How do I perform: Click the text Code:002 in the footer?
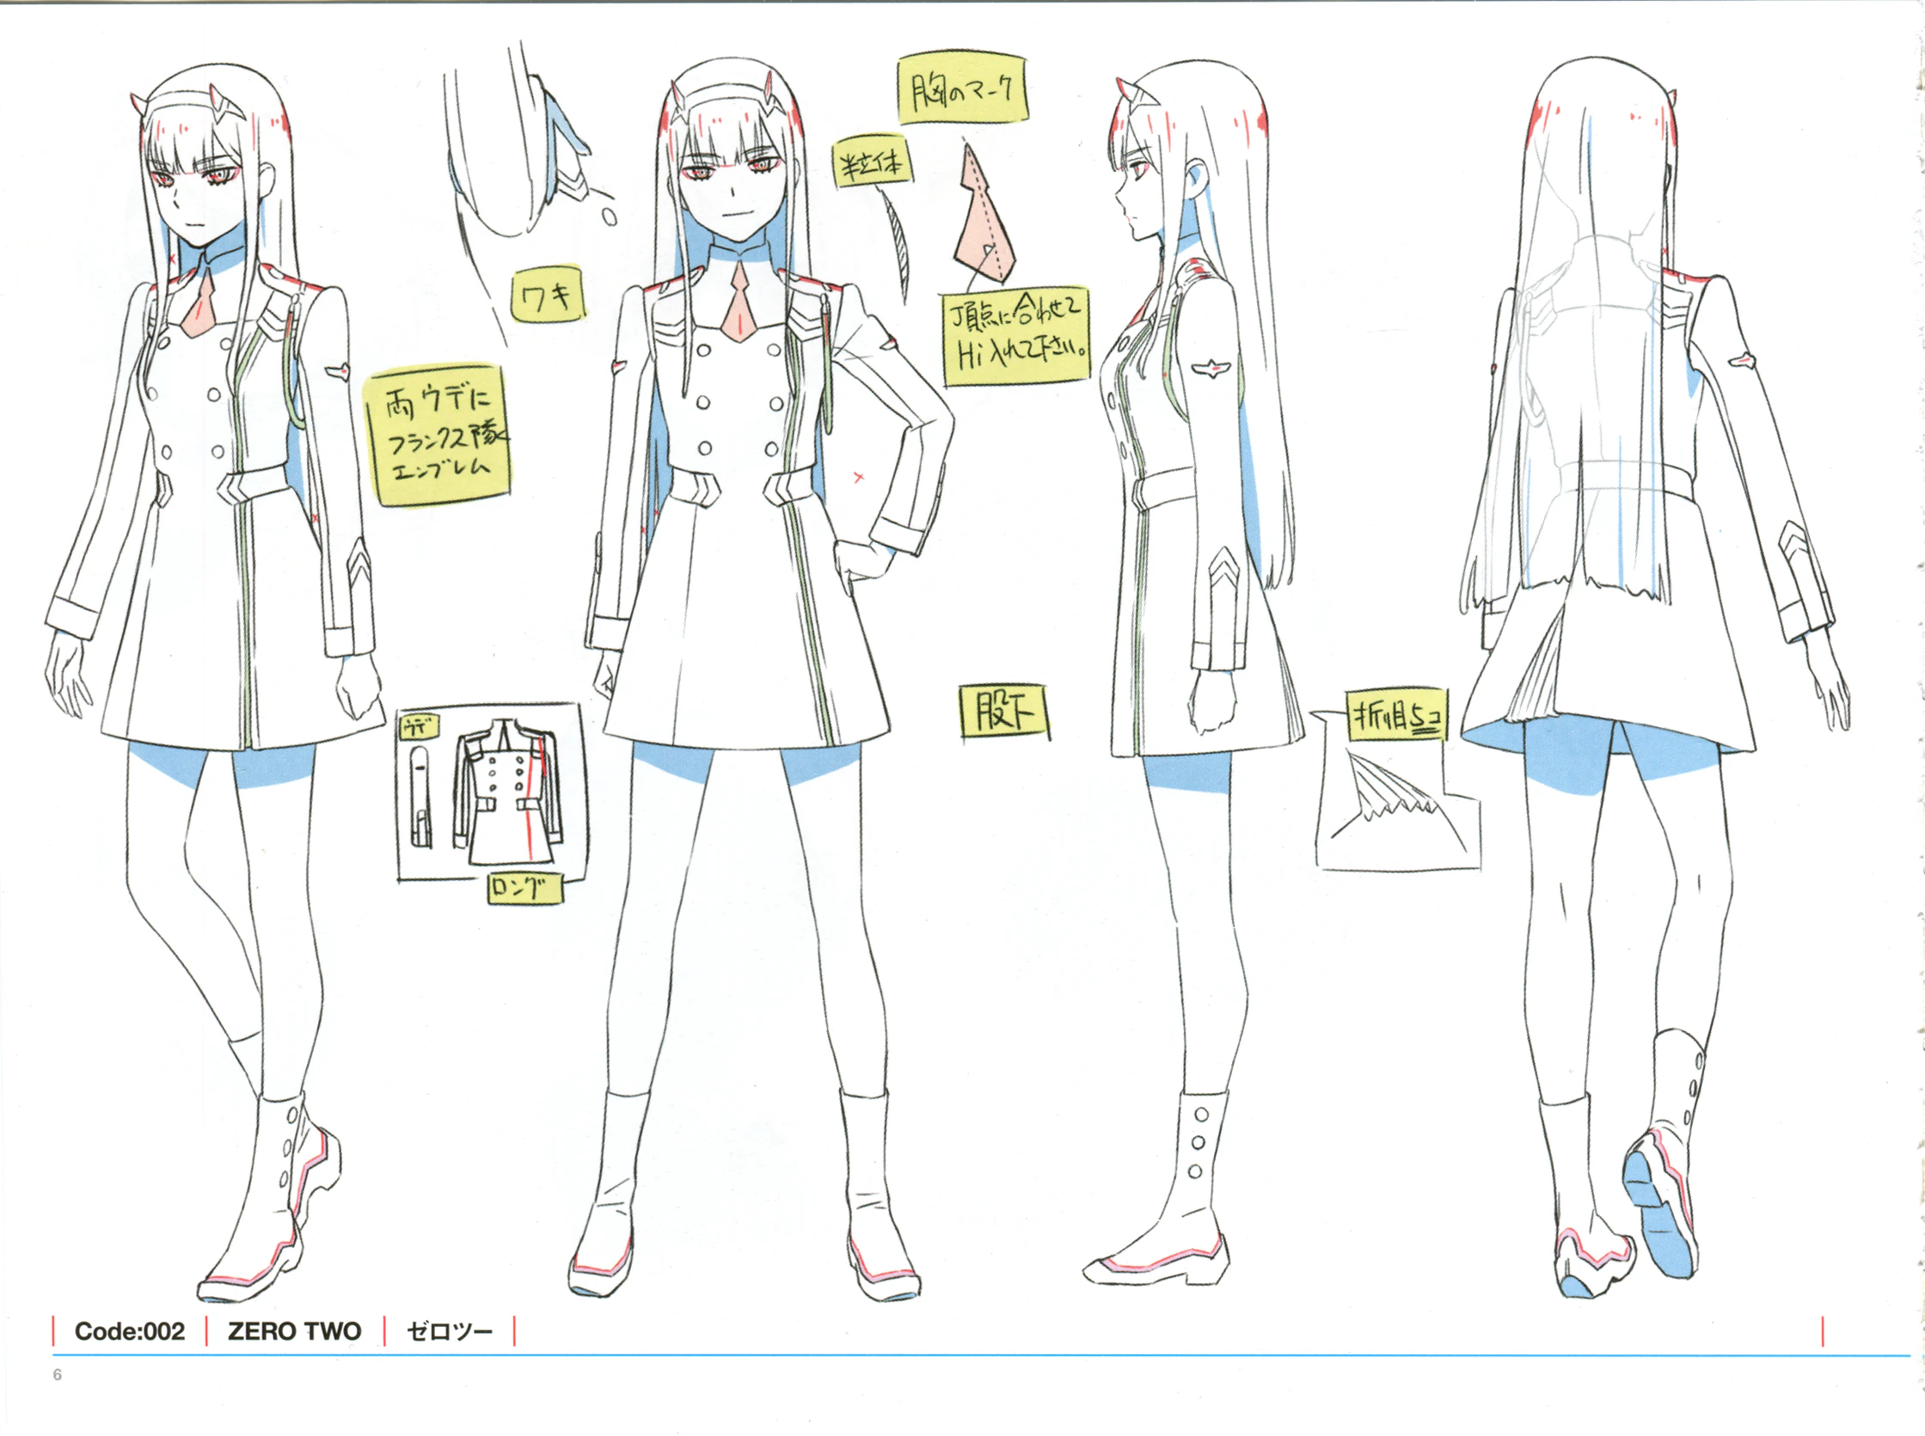(130, 1331)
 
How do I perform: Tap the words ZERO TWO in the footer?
(294, 1331)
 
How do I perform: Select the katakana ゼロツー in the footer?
(450, 1331)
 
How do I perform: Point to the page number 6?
(58, 1374)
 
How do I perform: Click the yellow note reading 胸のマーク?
(963, 89)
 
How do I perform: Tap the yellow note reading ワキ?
(547, 297)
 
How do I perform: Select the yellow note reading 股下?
(1004, 712)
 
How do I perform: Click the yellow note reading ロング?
(524, 887)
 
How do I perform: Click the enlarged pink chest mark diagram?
(983, 217)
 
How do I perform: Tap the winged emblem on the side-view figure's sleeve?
(1210, 369)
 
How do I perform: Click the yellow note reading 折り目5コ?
(1396, 717)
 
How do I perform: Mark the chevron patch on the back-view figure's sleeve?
(1793, 546)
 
